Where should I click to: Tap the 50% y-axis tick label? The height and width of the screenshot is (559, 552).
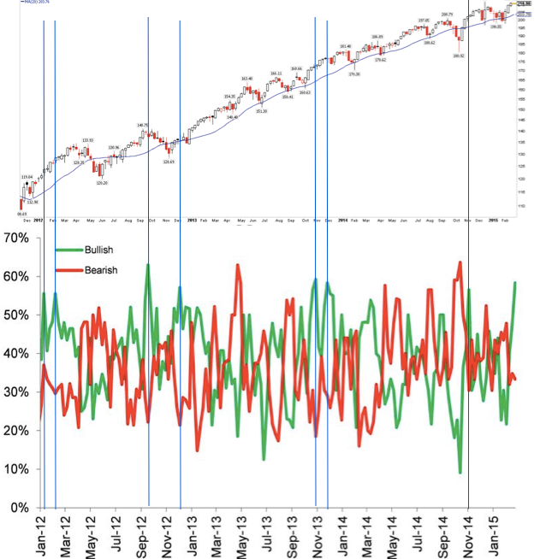point(16,315)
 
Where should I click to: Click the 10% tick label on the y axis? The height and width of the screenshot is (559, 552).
point(16,469)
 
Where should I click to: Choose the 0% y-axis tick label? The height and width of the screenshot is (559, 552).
point(19,508)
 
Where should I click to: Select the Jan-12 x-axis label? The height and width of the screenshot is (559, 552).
point(40,533)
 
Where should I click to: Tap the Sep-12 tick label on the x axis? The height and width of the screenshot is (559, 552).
point(141,533)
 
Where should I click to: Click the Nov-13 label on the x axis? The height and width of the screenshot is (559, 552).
point(318,533)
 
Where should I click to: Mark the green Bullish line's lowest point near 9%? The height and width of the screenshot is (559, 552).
point(460,472)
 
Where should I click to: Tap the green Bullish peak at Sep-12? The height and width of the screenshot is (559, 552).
point(148,266)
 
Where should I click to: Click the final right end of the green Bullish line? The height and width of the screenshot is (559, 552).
point(515,282)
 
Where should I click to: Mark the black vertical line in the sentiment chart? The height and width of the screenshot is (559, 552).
point(468,385)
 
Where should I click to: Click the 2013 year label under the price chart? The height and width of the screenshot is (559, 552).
point(192,220)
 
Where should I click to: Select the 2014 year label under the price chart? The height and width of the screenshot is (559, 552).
point(341,220)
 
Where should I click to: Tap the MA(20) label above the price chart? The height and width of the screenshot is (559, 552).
point(34,3)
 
